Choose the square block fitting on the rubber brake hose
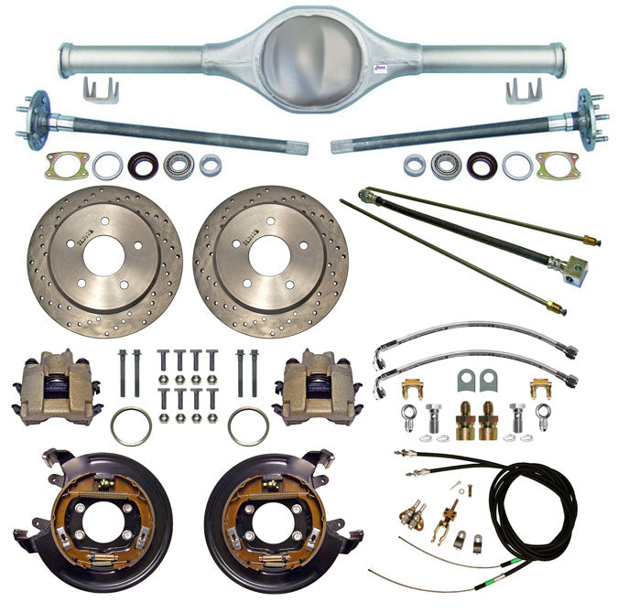[x=575, y=267]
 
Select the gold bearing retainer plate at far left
[x=67, y=166]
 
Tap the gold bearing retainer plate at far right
[x=558, y=166]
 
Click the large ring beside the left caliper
[x=130, y=425]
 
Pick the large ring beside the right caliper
[x=248, y=425]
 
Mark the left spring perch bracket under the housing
[x=100, y=91]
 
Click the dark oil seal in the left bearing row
[x=143, y=166]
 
